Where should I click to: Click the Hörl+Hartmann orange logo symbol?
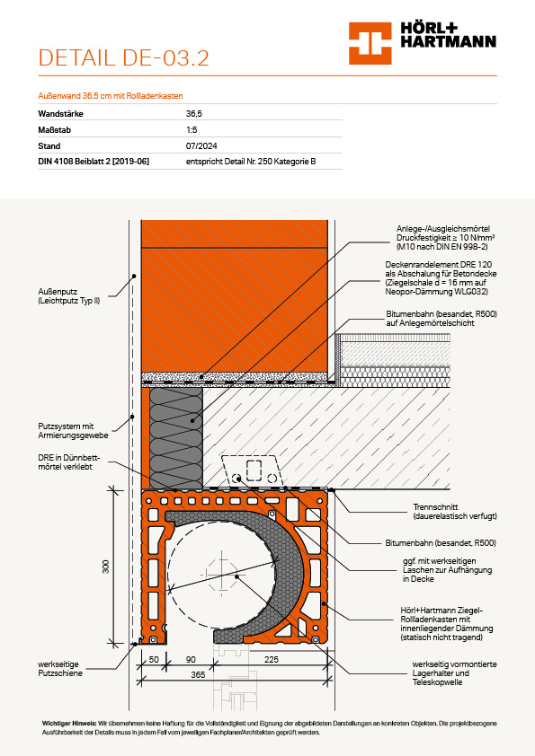[x=370, y=43]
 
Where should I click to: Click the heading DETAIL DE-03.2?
[x=123, y=57]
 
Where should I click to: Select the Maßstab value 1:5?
[x=192, y=129]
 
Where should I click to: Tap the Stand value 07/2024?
[x=201, y=146]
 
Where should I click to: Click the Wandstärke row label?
[x=61, y=114]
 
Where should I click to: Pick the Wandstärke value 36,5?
[x=194, y=114]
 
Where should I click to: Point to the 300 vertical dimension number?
[x=106, y=567]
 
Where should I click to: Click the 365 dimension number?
[x=198, y=675]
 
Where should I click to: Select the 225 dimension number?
[x=272, y=660]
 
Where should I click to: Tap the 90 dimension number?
[x=191, y=660]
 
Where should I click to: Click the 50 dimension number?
[x=154, y=660]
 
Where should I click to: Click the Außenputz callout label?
[x=69, y=296]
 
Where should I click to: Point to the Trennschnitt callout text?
[x=455, y=512]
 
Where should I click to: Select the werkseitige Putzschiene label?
[x=60, y=669]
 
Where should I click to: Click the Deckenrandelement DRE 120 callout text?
[x=441, y=278]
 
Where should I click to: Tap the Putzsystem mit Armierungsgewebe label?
[x=74, y=431]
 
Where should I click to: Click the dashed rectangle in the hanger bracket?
[x=254, y=470]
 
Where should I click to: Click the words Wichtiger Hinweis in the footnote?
[x=69, y=723]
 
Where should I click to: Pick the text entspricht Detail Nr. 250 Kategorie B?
[x=251, y=162]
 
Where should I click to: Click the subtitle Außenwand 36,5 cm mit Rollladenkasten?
[x=111, y=96]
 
